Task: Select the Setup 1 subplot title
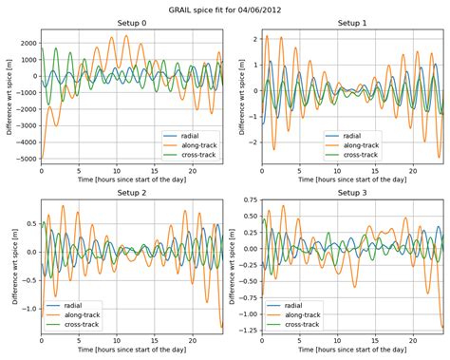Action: click(x=351, y=22)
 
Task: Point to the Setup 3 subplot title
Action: click(x=351, y=192)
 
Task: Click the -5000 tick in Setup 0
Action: click(x=25, y=160)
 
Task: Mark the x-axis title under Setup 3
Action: click(x=351, y=351)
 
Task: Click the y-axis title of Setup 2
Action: click(x=9, y=266)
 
